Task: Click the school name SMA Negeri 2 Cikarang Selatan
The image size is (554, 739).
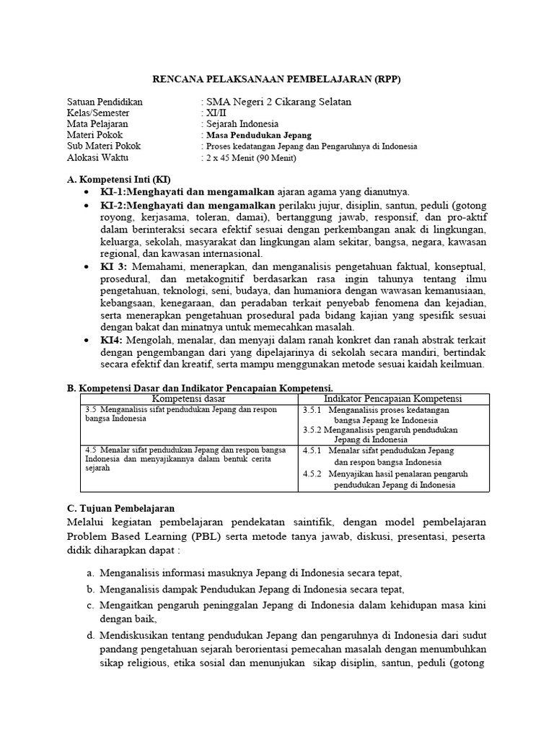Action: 278,102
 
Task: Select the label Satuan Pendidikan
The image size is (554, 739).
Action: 105,102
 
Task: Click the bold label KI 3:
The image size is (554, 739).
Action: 112,267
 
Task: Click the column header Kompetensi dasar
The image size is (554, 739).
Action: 189,398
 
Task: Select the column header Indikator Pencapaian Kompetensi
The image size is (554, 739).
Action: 393,398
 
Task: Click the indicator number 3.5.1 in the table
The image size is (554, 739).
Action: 315,410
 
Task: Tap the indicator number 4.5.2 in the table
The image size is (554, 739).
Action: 315,474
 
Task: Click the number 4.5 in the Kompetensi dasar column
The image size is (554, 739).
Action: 91,450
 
